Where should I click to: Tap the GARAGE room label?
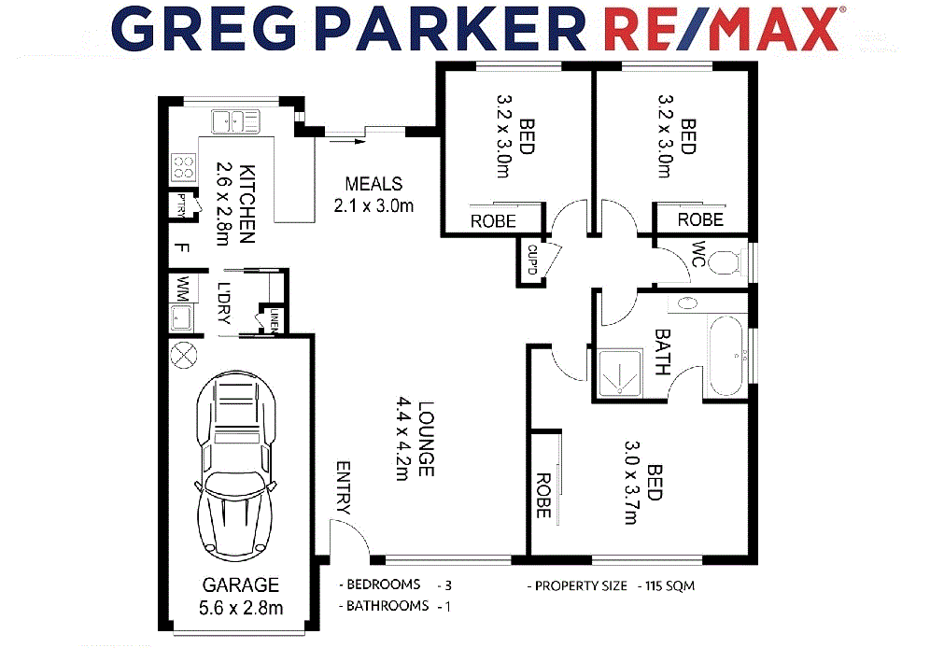click(240, 585)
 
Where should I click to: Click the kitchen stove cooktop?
click(183, 166)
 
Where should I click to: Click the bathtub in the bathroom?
click(726, 357)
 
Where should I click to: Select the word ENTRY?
click(343, 488)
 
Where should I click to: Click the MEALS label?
click(373, 184)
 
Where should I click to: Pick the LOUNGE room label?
click(426, 439)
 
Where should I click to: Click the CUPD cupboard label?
click(532, 261)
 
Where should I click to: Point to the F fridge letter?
click(183, 249)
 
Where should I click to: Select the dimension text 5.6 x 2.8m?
click(240, 609)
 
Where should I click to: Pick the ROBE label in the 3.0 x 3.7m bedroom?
click(542, 495)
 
